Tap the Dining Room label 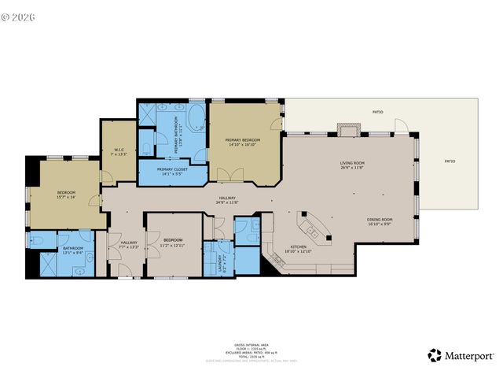380,221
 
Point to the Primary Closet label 171,171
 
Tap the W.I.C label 119,151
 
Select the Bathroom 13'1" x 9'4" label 73,251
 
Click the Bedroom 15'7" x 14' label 65,194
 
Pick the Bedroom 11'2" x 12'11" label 173,241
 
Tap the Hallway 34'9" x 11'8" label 227,200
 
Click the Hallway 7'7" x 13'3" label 128,244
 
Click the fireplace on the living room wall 347,129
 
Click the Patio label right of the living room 450,161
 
